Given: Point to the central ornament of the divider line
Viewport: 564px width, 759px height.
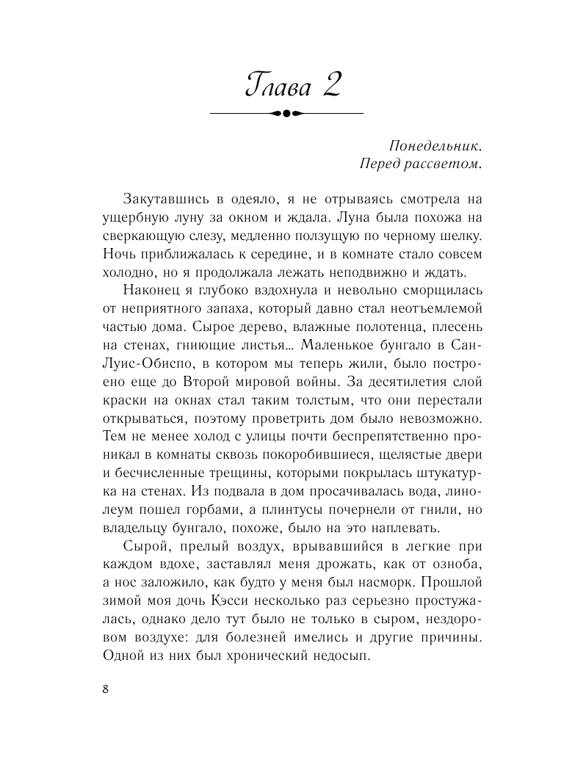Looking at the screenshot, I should point(286,113).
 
